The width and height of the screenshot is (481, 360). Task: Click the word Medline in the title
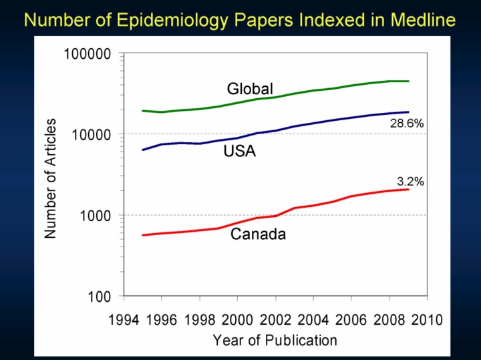click(x=422, y=19)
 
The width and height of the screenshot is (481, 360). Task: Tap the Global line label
click(x=250, y=89)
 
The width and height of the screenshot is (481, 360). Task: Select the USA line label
click(x=240, y=152)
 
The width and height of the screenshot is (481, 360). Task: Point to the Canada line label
click(x=258, y=234)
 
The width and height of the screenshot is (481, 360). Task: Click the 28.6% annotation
click(x=408, y=124)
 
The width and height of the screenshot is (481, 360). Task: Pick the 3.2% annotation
click(x=410, y=181)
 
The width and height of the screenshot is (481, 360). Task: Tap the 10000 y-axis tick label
click(x=92, y=134)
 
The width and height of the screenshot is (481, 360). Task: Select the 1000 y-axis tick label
click(x=96, y=216)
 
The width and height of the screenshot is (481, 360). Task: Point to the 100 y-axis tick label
click(x=100, y=297)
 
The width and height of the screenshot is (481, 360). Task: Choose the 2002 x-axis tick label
click(x=276, y=319)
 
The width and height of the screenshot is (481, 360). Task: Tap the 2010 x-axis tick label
click(x=427, y=319)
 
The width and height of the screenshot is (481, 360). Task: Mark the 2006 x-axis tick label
click(x=351, y=319)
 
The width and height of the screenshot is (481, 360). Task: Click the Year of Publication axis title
click(x=275, y=340)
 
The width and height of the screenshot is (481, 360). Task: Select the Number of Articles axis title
click(x=51, y=178)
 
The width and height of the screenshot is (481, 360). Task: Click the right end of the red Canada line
click(x=408, y=190)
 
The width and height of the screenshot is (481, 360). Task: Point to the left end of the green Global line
click(x=143, y=111)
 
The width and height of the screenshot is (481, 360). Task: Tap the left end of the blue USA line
click(x=143, y=150)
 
